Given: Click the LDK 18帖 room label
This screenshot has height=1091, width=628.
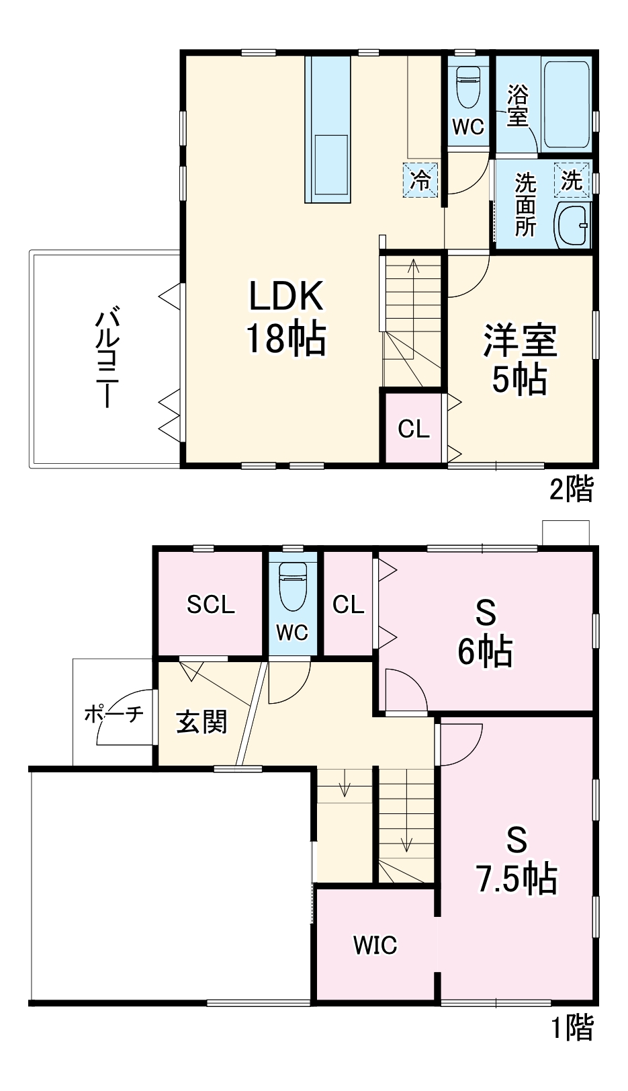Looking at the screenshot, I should coord(286,316).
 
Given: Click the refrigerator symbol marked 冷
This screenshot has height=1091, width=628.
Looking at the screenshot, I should coord(420,180).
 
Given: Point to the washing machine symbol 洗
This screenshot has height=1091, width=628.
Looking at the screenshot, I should coord(572,179).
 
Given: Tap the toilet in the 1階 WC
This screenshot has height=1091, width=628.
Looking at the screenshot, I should coord(292,585).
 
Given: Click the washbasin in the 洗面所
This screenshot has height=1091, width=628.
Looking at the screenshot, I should coord(573,225).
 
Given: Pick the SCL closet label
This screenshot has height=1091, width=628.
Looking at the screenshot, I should coord(210,605).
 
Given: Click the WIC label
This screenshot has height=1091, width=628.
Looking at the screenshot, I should coord(375,945).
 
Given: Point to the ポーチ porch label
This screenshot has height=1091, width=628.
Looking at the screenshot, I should coord(114,713).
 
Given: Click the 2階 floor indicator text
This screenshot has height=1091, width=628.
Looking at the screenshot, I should coord(572,489).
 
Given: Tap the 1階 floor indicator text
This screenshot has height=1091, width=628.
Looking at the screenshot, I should coord(572,1026).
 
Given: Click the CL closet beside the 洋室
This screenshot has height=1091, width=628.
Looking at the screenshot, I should coord(413,428).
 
